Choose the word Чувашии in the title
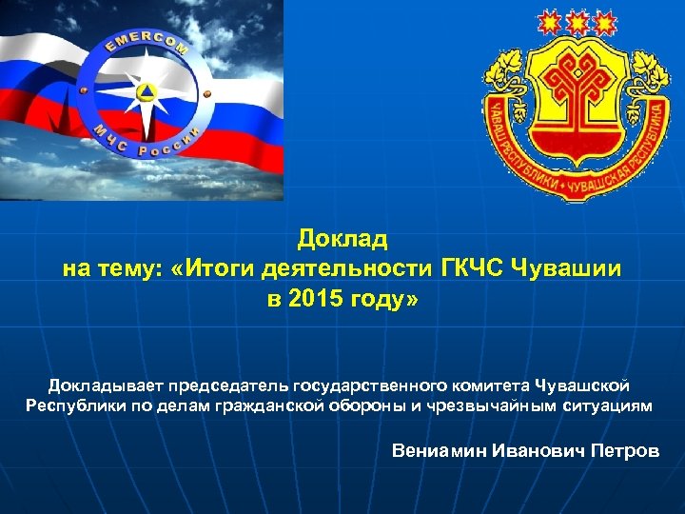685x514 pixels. (568, 268)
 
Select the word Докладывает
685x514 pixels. (107, 385)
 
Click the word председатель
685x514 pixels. (231, 385)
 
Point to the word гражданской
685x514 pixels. (242, 405)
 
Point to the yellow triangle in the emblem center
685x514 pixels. (146, 92)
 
